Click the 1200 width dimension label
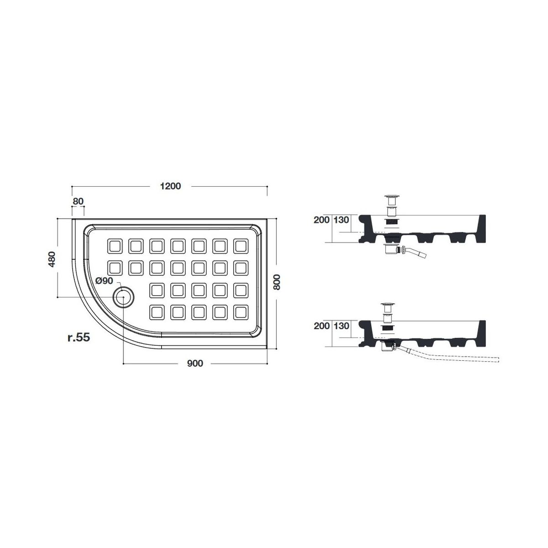click(170, 186)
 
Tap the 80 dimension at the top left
click(78, 201)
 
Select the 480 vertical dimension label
click(52, 259)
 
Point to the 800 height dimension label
click(276, 282)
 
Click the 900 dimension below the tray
click(195, 364)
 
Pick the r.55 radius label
click(79, 337)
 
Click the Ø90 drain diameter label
click(104, 281)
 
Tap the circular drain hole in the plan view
click(123, 297)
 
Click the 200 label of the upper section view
click(321, 220)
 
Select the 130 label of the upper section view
click(341, 220)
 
